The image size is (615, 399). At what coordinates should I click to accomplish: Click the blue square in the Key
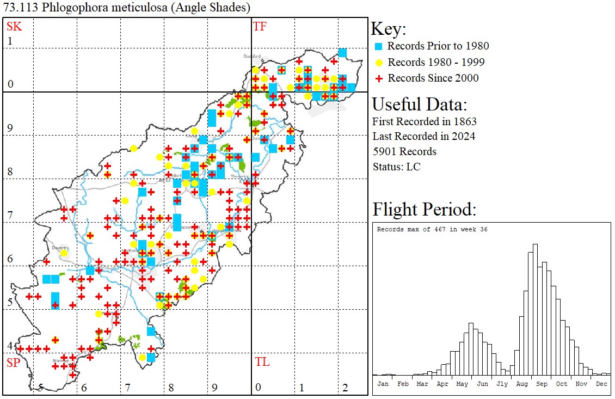point(378,46)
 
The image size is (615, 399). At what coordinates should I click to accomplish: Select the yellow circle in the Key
point(378,62)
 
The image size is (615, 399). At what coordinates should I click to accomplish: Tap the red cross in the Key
point(378,78)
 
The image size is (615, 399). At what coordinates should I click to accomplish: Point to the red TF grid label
point(260,26)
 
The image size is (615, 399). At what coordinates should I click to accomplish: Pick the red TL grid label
point(262,362)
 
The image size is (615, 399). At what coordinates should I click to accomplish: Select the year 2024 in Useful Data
point(463,136)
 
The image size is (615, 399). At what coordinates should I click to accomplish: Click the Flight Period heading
point(424,209)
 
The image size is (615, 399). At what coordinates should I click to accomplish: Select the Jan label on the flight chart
point(383,384)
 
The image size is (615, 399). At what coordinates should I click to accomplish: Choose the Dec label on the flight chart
point(601,384)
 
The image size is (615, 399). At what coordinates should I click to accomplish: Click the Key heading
point(388,29)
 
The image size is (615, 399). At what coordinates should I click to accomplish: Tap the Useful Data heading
point(419,105)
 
